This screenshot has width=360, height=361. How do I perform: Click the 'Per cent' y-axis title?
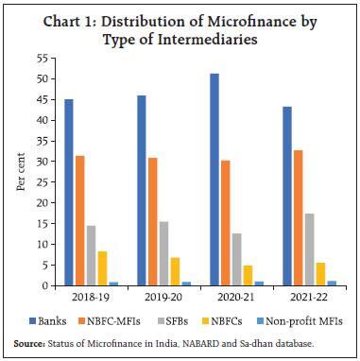22,172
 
